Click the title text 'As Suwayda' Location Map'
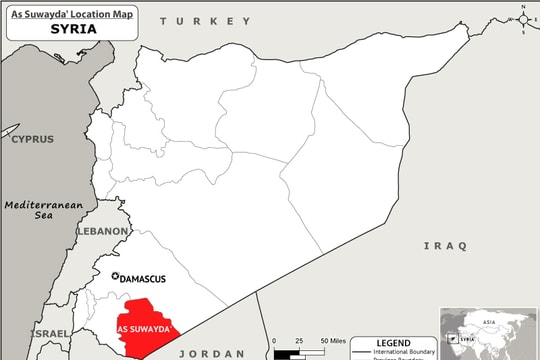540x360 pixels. [x=70, y=15]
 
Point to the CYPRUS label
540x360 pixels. [x=32, y=139]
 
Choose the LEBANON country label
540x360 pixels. [x=103, y=231]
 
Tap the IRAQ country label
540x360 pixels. [x=445, y=245]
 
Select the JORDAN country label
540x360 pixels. [x=207, y=353]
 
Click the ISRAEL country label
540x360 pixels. [x=50, y=333]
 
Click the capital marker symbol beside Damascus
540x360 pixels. [x=116, y=278]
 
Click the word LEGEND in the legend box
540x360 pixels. [x=393, y=342]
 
